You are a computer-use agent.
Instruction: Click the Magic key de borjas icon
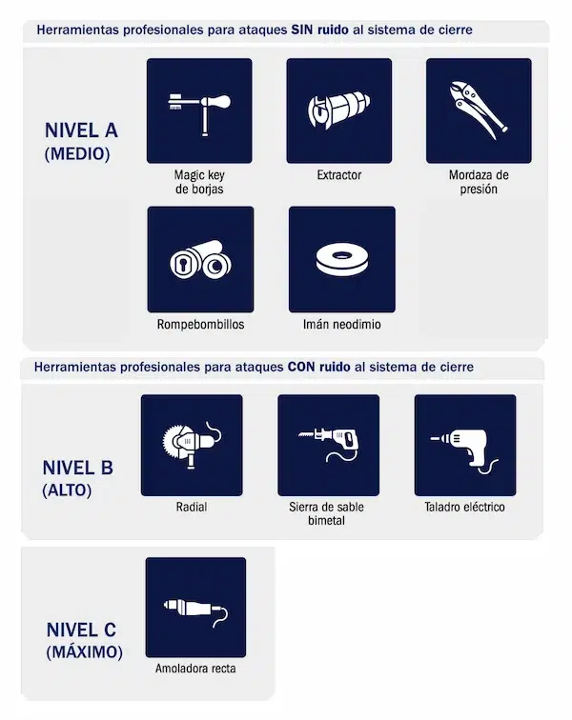pos(199,110)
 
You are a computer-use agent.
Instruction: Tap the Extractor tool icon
pos(338,110)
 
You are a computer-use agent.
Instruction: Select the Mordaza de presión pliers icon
pos(479,110)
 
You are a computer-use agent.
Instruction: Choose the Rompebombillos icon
pos(200,259)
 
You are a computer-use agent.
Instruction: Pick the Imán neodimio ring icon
pos(341,259)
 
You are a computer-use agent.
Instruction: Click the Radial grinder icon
pos(191,445)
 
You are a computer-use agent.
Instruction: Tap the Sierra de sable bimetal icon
pos(328,445)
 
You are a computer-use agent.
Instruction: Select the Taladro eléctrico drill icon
pos(465,445)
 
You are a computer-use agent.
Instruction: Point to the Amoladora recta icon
pos(195,607)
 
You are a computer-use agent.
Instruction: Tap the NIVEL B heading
pos(78,468)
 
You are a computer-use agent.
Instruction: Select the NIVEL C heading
pos(84,630)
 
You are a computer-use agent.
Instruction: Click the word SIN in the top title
pos(302,30)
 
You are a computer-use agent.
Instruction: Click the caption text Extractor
pos(339,175)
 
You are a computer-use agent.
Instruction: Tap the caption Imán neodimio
pos(341,325)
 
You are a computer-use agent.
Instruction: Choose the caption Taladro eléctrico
pos(465,508)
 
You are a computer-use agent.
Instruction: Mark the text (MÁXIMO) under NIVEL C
pos(84,652)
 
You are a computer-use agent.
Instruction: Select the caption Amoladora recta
pos(195,669)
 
